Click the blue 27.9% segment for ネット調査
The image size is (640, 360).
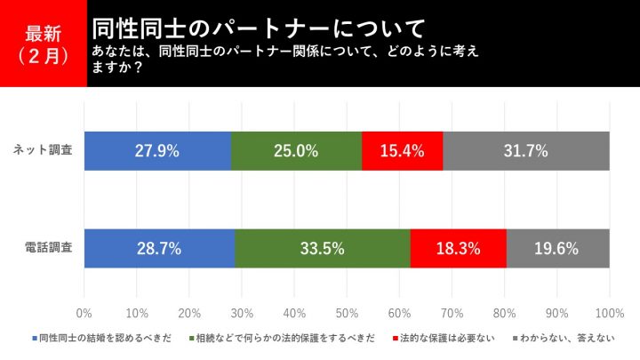point(157,151)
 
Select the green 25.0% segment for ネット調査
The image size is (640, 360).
point(296,151)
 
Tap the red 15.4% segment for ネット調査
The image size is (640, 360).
point(402,151)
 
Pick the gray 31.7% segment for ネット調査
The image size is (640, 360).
point(526,151)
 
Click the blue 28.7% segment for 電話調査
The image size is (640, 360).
point(160,248)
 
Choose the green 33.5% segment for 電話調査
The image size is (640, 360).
point(323,248)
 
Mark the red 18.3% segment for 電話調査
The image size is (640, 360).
point(459,248)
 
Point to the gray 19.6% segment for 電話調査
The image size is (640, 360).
point(558,248)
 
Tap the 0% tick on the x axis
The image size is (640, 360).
point(84,312)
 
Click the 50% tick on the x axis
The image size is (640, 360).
point(347,312)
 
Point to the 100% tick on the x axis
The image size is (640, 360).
point(609,312)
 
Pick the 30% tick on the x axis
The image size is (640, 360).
point(242,312)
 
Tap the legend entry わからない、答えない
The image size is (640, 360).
point(564,339)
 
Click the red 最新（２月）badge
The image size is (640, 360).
point(43,44)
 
